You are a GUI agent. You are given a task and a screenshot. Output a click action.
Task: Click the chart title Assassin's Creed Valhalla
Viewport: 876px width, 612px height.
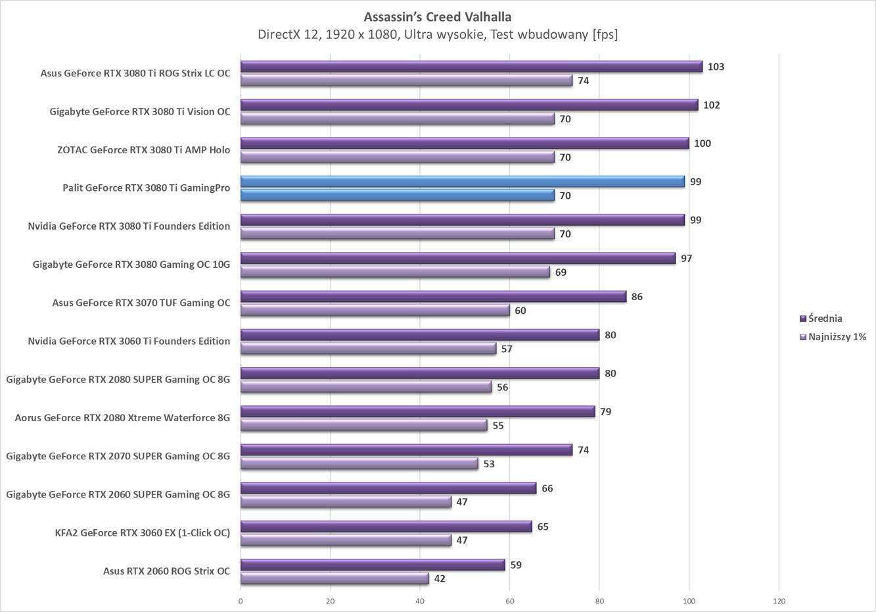point(437,16)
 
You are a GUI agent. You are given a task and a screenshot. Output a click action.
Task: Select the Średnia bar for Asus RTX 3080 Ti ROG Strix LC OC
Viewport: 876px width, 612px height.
point(471,66)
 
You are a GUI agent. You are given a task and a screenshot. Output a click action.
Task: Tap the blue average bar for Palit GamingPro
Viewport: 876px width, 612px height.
point(462,182)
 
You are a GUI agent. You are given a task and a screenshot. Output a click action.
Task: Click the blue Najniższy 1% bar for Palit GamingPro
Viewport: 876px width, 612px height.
point(398,195)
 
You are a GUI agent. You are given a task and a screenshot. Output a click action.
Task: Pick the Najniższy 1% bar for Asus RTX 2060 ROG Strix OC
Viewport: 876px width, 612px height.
point(334,578)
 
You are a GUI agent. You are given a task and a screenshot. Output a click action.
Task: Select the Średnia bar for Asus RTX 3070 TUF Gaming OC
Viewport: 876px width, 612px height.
point(433,297)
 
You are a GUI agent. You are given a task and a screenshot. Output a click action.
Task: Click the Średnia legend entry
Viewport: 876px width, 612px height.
point(825,319)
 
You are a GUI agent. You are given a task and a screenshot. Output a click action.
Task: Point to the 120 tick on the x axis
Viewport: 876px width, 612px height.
point(779,601)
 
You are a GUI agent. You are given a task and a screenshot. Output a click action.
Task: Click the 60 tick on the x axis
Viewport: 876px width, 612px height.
point(510,601)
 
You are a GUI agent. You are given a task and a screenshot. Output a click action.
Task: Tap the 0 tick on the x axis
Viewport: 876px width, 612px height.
point(241,601)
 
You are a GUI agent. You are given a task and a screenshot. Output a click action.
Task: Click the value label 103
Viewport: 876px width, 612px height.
point(716,66)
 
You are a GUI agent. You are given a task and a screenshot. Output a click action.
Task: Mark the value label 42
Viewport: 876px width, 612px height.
point(440,578)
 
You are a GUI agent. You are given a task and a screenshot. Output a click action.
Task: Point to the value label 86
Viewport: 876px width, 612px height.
point(637,297)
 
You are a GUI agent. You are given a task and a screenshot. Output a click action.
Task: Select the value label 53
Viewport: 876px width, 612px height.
point(488,464)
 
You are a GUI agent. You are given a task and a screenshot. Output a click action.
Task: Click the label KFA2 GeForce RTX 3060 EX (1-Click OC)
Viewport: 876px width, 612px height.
point(143,532)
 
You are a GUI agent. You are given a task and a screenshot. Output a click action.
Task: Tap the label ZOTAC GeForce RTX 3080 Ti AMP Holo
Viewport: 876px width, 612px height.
point(143,149)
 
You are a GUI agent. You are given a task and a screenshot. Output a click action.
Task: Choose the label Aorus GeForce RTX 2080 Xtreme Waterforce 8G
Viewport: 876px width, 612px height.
point(122,417)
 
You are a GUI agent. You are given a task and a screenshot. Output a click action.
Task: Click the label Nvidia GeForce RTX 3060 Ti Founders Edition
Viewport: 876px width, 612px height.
point(129,341)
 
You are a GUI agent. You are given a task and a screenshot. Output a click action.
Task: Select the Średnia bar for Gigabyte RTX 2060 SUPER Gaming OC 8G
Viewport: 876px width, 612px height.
point(388,488)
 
